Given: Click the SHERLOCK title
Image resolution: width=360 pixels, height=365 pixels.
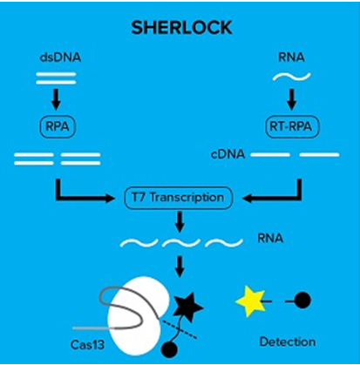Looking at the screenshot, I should (x=180, y=27).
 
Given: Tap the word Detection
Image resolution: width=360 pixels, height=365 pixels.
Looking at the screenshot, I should (x=286, y=341).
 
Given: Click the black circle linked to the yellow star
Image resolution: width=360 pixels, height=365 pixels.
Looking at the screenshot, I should (x=302, y=302).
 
